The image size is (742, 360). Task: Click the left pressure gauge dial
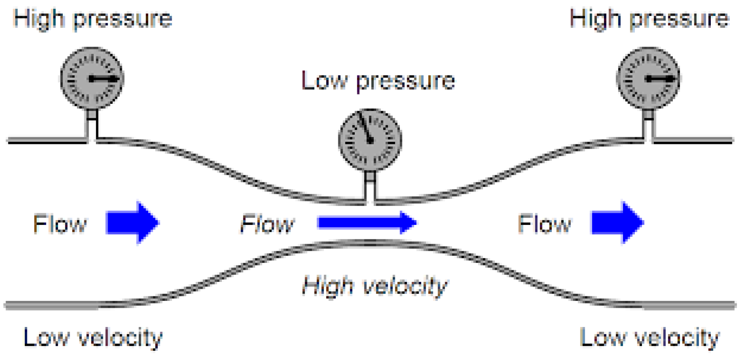point(92,78)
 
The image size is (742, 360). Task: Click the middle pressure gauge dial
point(370,140)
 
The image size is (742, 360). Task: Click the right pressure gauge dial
point(648,78)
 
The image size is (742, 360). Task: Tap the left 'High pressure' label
point(93,19)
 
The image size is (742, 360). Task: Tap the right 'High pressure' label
point(649,19)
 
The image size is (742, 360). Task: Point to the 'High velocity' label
point(375,286)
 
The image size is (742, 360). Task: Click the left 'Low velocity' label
point(93,338)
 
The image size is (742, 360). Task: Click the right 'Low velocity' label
point(650,338)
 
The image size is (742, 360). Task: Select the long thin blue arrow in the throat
point(367,222)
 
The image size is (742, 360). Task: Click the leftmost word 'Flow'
point(60,224)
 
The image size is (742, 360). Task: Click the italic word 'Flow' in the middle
point(267,224)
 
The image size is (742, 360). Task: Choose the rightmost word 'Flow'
point(544,224)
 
